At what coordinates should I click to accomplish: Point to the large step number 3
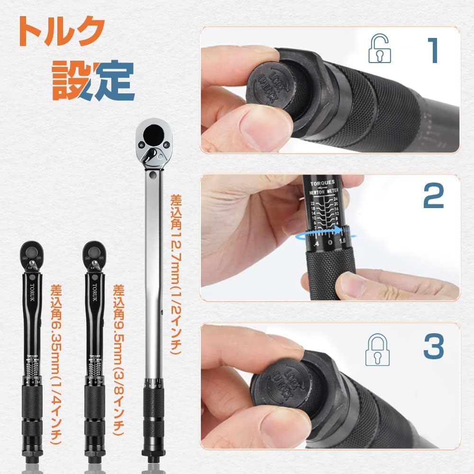click(433, 348)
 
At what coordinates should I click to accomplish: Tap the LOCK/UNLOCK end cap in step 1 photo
click(265, 87)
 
